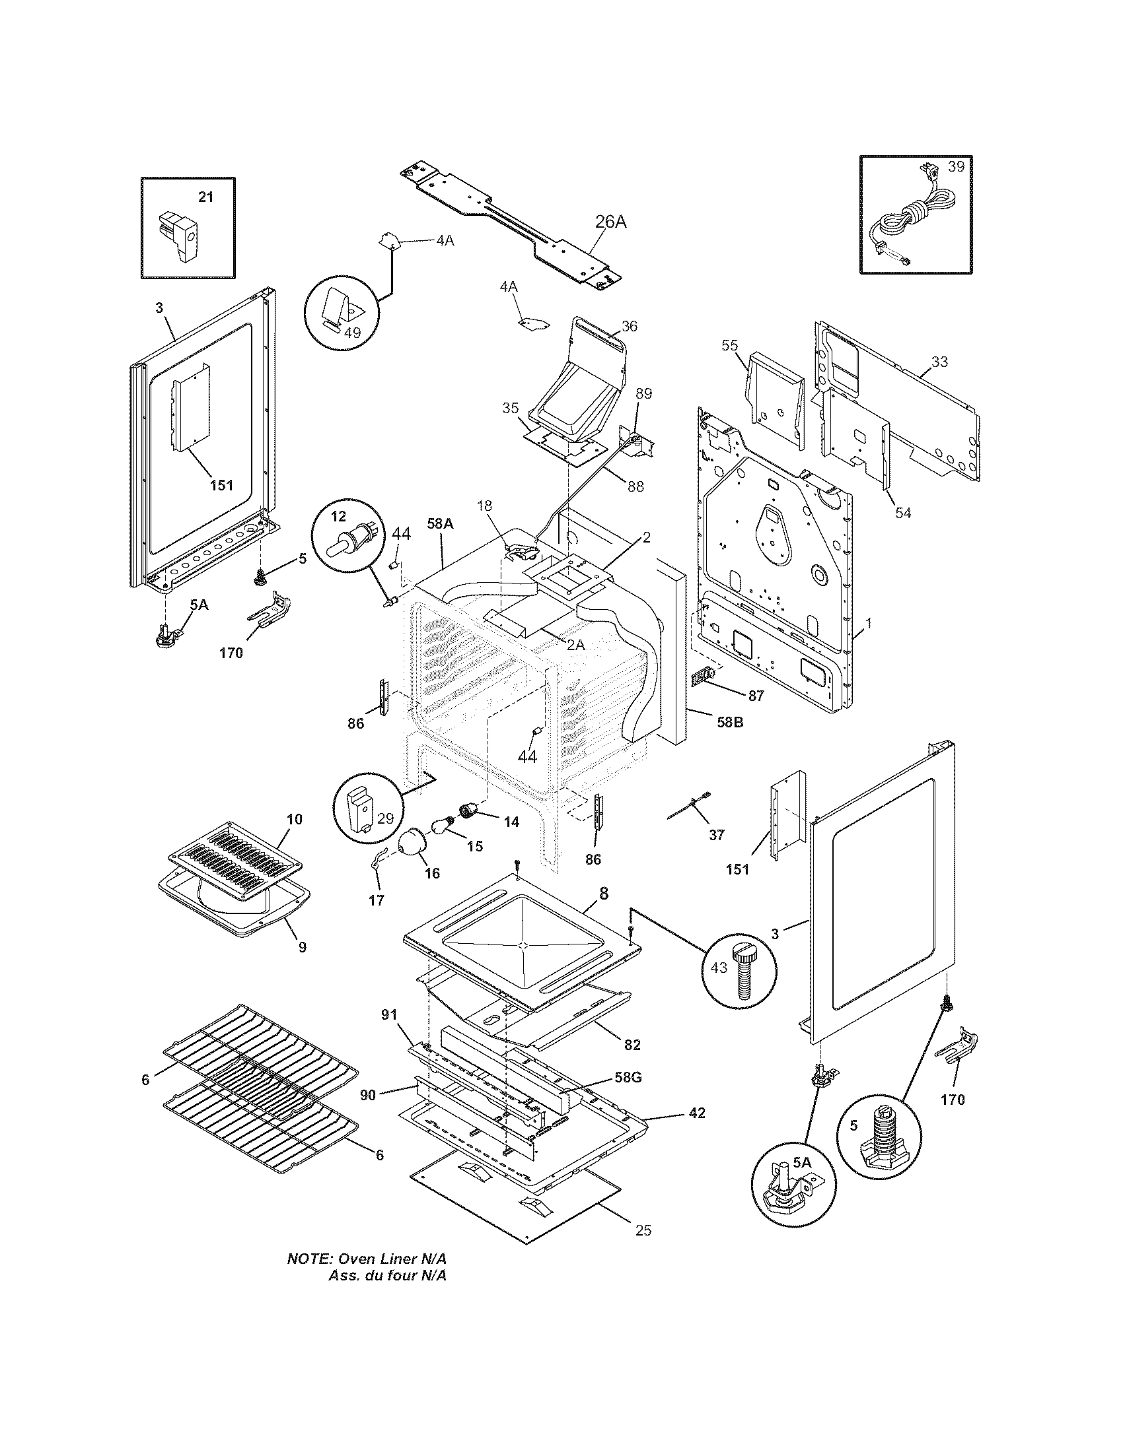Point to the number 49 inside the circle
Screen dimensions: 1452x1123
[352, 333]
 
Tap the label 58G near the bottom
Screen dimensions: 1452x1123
[628, 1078]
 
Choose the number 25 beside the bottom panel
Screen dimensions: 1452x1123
[643, 1231]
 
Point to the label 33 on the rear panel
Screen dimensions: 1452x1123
[939, 362]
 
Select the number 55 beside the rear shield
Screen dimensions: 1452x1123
[730, 345]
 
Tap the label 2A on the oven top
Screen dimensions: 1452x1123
[576, 645]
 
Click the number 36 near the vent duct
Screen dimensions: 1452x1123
[630, 326]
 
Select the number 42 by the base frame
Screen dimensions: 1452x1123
[696, 1113]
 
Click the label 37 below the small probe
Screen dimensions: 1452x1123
[716, 835]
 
